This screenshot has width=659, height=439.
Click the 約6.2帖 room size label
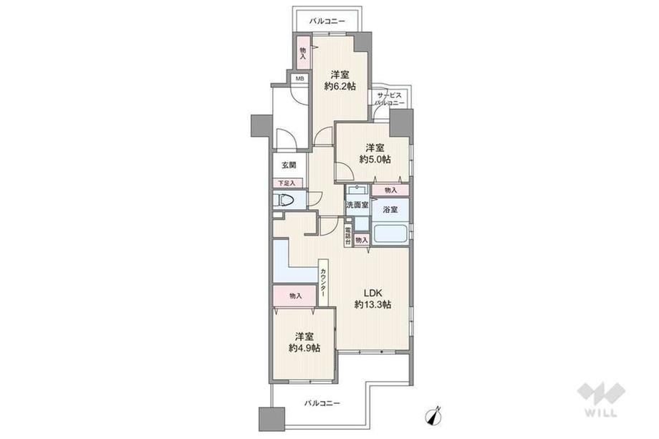(340, 87)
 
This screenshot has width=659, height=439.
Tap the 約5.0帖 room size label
(375, 160)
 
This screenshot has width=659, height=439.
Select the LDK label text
(372, 293)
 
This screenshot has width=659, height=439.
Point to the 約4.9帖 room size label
(304, 348)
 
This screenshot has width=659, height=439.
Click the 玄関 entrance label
(289, 165)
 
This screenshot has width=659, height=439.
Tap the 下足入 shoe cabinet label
(287, 183)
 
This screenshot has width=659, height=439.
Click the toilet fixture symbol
(283, 200)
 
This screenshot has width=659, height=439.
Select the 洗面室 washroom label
(357, 205)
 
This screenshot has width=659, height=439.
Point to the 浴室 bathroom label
(390, 209)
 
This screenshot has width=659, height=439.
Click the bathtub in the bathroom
(390, 233)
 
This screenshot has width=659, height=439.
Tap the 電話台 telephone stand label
(348, 236)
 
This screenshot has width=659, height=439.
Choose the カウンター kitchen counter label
(323, 283)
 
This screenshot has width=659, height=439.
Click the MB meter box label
(299, 79)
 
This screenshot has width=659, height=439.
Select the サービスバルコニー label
(390, 99)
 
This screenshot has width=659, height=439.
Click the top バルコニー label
(327, 21)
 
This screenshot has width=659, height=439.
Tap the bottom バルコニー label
(322, 403)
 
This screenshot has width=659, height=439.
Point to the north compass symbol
(434, 415)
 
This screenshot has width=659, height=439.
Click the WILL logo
(601, 400)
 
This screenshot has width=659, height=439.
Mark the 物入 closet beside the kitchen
(294, 296)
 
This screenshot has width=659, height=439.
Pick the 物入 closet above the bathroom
(390, 190)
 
